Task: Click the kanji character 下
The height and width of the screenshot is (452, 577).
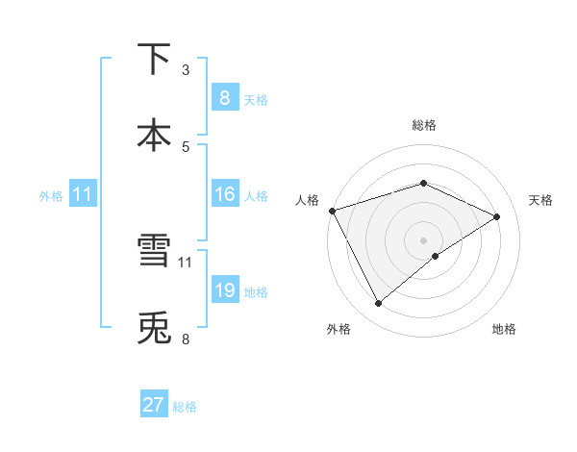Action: coord(155,60)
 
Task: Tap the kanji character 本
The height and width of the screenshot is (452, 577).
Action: coord(155,134)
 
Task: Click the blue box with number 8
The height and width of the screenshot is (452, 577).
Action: coord(224,97)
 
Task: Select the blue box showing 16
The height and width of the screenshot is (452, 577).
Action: coord(224,194)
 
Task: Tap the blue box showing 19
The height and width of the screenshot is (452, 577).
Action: coord(224,290)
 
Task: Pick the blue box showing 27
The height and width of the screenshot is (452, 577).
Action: coord(153,405)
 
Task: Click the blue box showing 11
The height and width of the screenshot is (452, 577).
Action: coord(82,194)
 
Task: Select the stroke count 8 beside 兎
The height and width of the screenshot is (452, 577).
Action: coord(186,339)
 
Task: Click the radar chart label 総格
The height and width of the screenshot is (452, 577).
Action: coord(423,125)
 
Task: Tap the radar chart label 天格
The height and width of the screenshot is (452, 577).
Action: coord(540,200)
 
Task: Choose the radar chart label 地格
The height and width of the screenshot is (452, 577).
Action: coord(504,329)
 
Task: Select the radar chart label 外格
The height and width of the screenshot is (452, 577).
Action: coord(339,329)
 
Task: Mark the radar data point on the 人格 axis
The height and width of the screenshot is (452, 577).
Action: coord(332,211)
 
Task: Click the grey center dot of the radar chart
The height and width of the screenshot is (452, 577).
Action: coord(423,239)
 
